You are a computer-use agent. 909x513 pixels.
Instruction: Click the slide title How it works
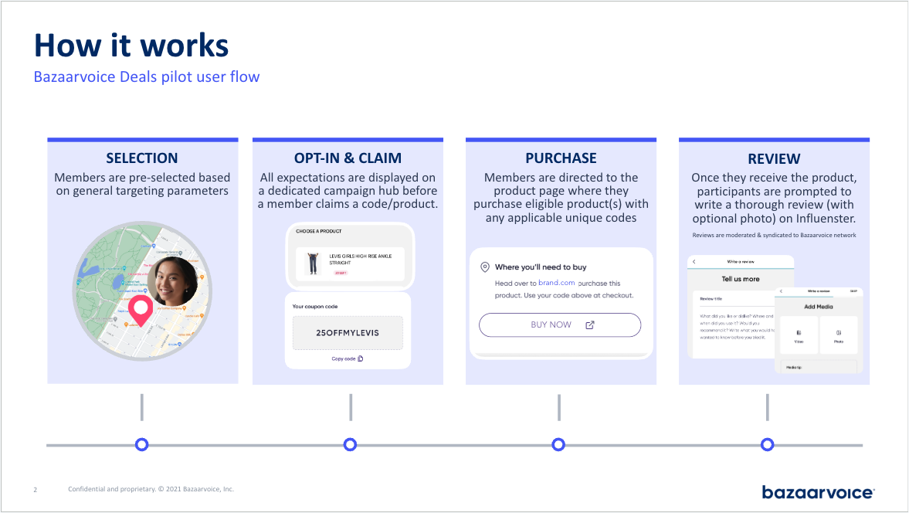tap(131, 46)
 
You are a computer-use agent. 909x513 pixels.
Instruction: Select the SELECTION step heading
tap(142, 158)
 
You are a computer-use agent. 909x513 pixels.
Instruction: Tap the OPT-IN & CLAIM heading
tap(348, 158)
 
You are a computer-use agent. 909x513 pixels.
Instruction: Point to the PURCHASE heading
tap(561, 158)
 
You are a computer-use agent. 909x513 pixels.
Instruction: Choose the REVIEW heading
tap(774, 159)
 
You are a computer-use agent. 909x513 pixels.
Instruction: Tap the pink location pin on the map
tap(140, 309)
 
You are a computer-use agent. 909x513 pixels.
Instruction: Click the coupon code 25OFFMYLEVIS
tap(348, 333)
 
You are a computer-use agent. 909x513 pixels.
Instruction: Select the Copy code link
tap(348, 358)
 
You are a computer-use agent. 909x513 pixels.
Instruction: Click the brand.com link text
tap(556, 284)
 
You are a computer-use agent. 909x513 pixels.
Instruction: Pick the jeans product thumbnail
tap(313, 263)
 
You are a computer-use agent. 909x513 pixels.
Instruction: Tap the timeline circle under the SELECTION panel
tap(141, 444)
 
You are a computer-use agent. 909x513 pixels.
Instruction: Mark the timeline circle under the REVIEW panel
tap(767, 444)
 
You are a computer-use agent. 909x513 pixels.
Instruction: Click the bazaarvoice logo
tap(817, 492)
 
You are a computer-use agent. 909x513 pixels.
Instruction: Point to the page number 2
tap(35, 490)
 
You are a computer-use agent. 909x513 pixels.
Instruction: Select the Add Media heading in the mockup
tap(819, 307)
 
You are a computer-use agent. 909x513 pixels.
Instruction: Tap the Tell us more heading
tap(740, 279)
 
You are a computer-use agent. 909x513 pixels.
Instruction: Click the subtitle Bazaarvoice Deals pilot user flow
tap(147, 77)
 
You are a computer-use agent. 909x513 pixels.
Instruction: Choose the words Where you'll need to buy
tap(541, 267)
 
